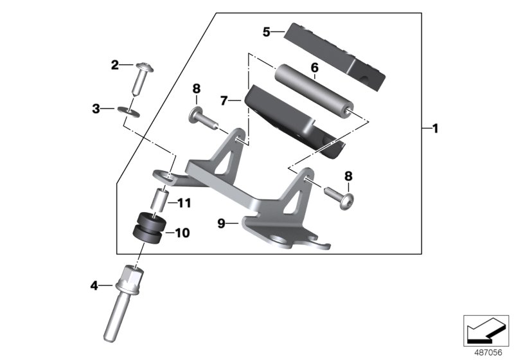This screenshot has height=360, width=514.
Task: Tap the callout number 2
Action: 115,64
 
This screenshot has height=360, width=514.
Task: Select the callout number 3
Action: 96,109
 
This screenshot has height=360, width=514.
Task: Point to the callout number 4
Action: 94,285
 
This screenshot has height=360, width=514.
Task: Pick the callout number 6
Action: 314,67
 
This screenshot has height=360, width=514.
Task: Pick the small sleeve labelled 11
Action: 159,198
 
